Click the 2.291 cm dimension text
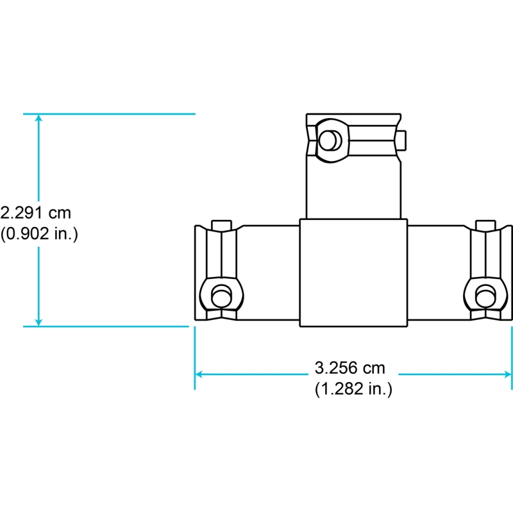pos(35,213)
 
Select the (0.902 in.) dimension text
pos(39,233)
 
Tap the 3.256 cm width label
pos(349,368)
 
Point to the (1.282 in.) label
pos(353,389)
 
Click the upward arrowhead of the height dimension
pos(38,118)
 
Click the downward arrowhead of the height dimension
pos(38,323)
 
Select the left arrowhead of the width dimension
pos(199,374)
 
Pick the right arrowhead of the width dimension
pos(508,374)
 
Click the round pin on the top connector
pos(330,140)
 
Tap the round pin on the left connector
pos(221,296)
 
